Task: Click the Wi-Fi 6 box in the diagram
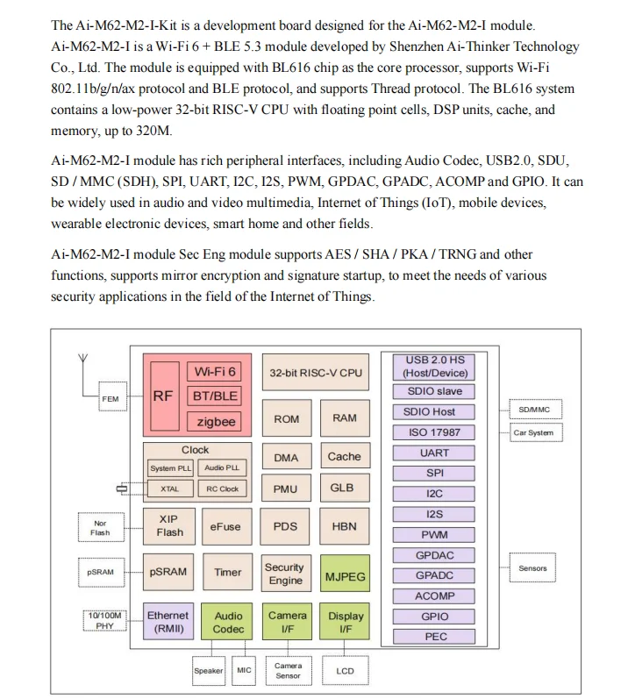[215, 372]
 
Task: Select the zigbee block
[215, 421]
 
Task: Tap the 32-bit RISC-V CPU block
[315, 373]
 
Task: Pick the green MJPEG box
[345, 577]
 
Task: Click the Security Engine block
[284, 574]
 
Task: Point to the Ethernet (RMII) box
[168, 622]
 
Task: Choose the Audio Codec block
[228, 622]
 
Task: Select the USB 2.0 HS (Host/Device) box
[435, 367]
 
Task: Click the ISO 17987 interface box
[435, 432]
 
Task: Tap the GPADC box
[435, 575]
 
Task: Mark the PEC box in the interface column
[435, 637]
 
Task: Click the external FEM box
[111, 399]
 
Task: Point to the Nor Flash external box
[100, 528]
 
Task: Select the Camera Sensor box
[288, 671]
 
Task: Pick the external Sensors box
[532, 568]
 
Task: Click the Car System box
[533, 432]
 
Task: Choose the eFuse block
[225, 527]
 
